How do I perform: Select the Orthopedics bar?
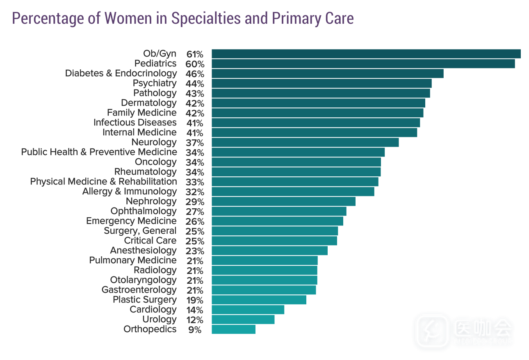(233, 329)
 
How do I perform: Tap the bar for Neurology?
(305, 142)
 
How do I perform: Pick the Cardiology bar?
(248, 310)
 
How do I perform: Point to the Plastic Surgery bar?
(259, 300)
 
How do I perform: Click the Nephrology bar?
(283, 201)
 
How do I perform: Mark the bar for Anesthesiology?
(269, 251)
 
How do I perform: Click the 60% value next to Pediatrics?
(195, 64)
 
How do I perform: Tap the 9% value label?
(195, 330)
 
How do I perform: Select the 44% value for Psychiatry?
(195, 84)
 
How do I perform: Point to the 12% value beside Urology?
(195, 320)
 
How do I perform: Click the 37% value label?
(195, 143)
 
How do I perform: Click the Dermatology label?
(148, 103)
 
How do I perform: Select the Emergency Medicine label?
(131, 221)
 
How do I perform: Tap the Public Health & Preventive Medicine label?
(99, 152)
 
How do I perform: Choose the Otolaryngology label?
(143, 280)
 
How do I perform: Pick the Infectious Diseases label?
(135, 123)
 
